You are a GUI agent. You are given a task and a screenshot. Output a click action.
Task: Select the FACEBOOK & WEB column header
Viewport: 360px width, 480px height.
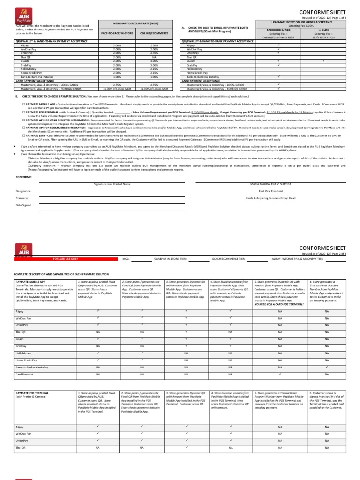[x=278, y=30]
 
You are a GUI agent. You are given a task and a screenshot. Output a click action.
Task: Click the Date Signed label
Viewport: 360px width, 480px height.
[x=23, y=205]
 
